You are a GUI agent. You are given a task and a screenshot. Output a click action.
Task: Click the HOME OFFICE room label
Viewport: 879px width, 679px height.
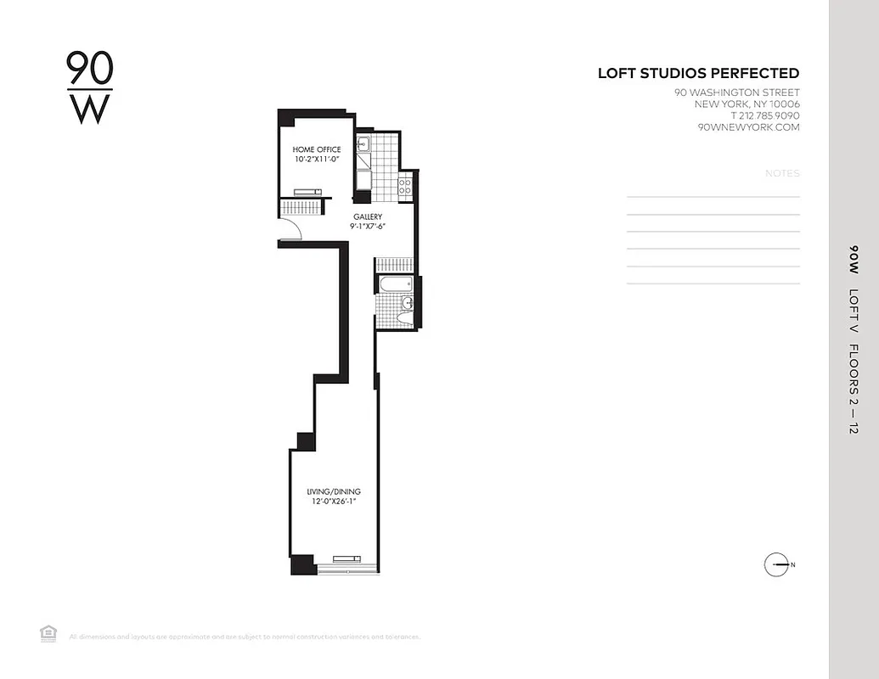coord(317,149)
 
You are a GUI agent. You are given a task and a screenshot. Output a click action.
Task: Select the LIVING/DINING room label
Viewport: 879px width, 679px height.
coord(334,491)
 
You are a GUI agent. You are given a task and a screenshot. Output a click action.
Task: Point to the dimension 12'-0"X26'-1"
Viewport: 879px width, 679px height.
coord(334,502)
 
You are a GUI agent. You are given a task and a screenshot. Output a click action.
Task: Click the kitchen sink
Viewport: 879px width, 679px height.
coord(363,144)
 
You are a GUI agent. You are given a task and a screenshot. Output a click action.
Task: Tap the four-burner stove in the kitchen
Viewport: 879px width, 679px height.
coord(405,184)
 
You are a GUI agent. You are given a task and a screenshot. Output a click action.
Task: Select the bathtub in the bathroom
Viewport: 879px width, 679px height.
coord(395,284)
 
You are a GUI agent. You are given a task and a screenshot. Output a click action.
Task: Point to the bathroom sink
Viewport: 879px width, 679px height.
coord(408,301)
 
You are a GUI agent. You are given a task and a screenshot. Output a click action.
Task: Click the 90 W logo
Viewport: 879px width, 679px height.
coord(89,88)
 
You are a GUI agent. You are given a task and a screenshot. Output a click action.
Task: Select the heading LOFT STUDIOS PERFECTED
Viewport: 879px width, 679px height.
coord(698,74)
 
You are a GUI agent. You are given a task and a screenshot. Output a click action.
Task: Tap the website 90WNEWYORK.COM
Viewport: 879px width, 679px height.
coord(748,127)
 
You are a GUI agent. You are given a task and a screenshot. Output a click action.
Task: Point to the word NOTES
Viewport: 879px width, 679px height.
coord(782,173)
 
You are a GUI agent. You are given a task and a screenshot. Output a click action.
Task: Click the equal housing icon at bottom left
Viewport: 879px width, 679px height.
coord(48,632)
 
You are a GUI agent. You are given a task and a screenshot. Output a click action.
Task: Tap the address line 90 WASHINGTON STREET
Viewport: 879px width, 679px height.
coord(736,93)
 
